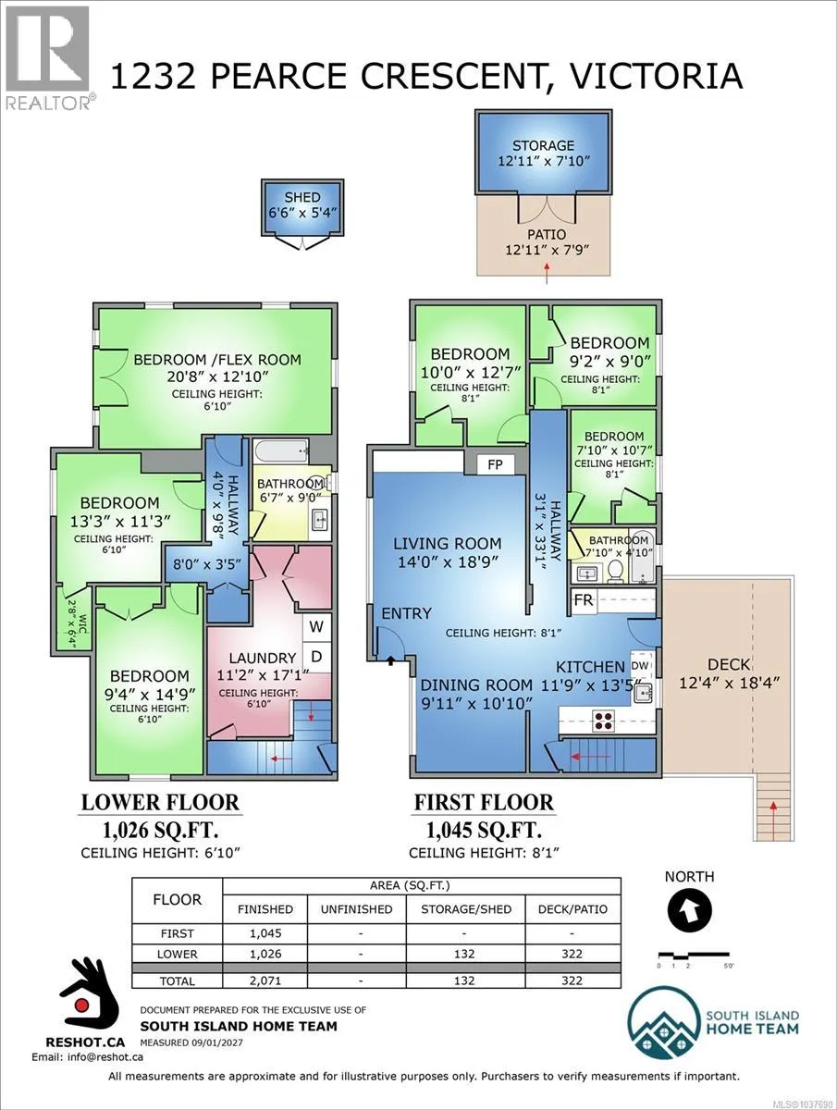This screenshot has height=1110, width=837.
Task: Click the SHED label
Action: point(302,197)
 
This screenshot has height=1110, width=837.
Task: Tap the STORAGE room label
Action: point(543,145)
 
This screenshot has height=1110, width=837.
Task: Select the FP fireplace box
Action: point(496,464)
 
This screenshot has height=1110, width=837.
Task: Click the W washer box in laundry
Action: point(316,627)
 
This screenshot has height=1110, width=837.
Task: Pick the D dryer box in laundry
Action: point(316,657)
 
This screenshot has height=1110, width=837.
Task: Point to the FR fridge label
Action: point(584,600)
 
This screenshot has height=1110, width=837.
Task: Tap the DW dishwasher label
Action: point(640,666)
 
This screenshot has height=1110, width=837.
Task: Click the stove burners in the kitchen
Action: point(604,721)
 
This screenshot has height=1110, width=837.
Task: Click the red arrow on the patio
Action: point(547,273)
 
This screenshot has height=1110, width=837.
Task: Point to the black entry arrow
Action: point(390,660)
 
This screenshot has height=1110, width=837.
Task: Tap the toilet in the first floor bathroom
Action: point(616,571)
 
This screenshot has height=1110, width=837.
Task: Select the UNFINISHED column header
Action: point(356,909)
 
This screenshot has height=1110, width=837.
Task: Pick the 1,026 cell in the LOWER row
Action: point(265,954)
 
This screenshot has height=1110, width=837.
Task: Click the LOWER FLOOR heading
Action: point(160,803)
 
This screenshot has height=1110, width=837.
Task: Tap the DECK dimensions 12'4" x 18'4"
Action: point(729,684)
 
